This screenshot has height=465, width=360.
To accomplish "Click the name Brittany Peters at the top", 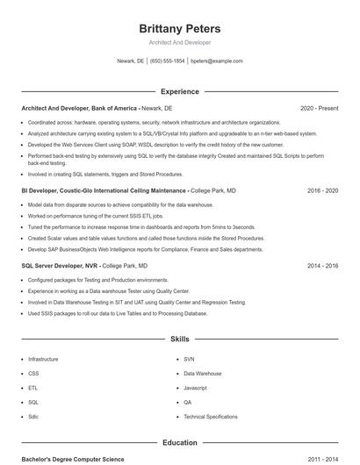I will click(180, 29).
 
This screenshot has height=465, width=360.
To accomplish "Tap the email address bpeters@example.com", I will click(216, 61).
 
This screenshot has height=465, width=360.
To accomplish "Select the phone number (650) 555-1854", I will click(167, 61).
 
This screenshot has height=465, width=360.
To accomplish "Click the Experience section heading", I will click(180, 91).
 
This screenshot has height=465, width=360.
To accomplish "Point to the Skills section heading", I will click(180, 338).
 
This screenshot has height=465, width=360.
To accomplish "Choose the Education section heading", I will click(180, 443).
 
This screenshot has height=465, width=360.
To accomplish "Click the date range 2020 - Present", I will click(319, 108).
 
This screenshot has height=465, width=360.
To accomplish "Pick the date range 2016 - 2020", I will click(322, 190).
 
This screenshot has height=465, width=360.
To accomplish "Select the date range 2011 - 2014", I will click(322, 459).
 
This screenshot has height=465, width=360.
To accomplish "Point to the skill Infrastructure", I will click(43, 359).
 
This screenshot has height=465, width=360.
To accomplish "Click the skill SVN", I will click(189, 359).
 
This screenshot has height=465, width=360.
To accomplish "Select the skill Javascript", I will click(195, 387).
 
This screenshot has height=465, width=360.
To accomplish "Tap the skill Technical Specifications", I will click(210, 416).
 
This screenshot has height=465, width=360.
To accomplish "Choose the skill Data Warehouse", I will click(203, 373).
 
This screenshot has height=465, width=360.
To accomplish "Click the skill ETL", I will click(32, 387).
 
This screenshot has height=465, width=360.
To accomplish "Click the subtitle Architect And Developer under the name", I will click(180, 42).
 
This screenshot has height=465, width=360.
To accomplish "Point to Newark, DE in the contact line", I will click(130, 61).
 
